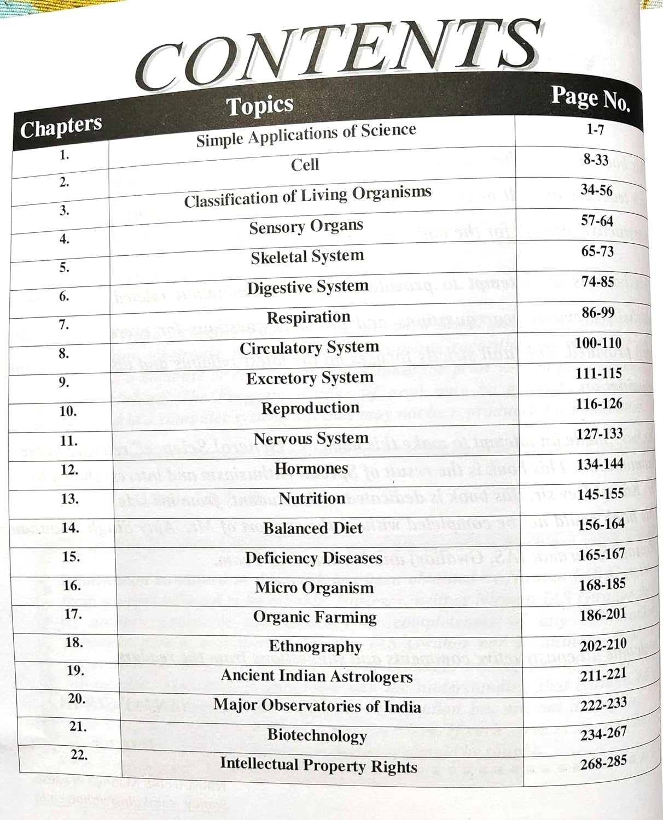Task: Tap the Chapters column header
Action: (x=61, y=127)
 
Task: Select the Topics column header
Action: (x=260, y=106)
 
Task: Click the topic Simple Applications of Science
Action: (x=306, y=134)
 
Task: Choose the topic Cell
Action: (x=305, y=165)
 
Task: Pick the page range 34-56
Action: (x=596, y=190)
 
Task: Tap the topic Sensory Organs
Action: (x=306, y=226)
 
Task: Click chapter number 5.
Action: (x=65, y=267)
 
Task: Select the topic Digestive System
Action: (x=307, y=287)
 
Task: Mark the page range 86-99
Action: (x=598, y=313)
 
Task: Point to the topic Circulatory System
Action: (x=309, y=348)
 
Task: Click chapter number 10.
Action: (x=67, y=411)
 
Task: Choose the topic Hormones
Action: (x=311, y=468)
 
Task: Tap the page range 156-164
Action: (x=601, y=524)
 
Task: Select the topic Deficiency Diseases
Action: (x=313, y=558)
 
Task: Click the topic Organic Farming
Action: (x=315, y=617)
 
